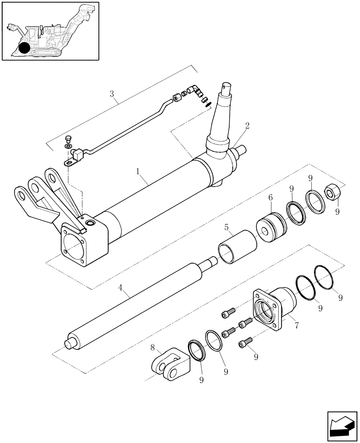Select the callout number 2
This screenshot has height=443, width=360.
pyautogui.click(x=247, y=125)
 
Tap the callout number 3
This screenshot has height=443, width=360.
pyautogui.click(x=112, y=94)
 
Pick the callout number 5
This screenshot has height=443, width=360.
pyautogui.click(x=226, y=229)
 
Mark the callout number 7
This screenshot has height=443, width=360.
pyautogui.click(x=297, y=326)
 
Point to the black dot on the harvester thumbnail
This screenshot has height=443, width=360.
pyautogui.click(x=25, y=48)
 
